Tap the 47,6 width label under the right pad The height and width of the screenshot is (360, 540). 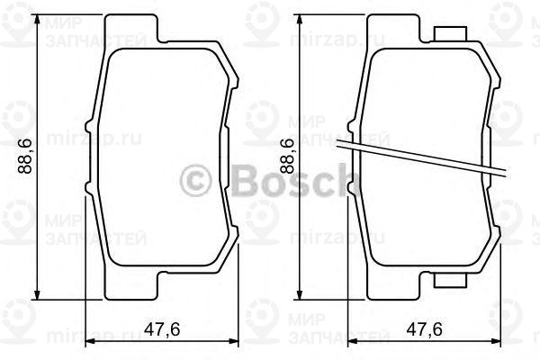coord(423,329)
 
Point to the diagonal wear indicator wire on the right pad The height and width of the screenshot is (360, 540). coord(423,158)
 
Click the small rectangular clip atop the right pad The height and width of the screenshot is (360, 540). coord(449,34)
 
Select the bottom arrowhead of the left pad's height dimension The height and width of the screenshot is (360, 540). coord(36,293)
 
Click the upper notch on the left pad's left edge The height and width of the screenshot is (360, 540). coord(87,127)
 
